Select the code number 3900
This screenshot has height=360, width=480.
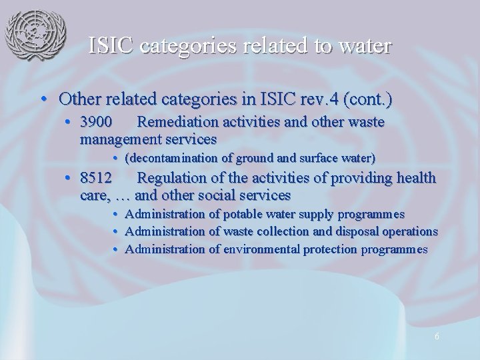[x=96, y=123]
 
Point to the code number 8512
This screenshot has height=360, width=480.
[x=96, y=178]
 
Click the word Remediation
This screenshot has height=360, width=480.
[x=177, y=123]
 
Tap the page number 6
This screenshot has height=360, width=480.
[x=436, y=337]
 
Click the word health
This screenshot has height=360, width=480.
[x=415, y=178]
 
